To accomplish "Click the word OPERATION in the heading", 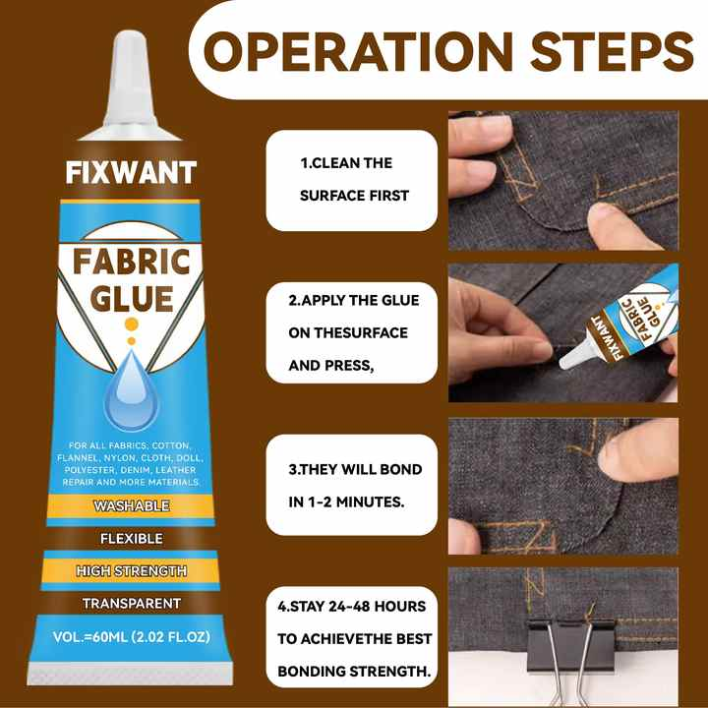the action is pyautogui.click(x=358, y=51).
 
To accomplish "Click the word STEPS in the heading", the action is pyautogui.click(x=612, y=51).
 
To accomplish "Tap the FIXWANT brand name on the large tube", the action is pyautogui.click(x=131, y=172).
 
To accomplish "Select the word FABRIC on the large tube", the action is pyautogui.click(x=132, y=262).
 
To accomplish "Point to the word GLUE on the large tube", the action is pyautogui.click(x=132, y=299).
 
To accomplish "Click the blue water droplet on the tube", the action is pyautogui.click(x=131, y=391).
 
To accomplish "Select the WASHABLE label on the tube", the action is pyautogui.click(x=132, y=505).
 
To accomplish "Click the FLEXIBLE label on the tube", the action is pyautogui.click(x=132, y=538).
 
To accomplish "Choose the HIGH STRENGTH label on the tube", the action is pyautogui.click(x=132, y=570).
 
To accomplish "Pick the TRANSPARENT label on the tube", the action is pyautogui.click(x=132, y=603).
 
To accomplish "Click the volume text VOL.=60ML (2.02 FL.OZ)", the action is pyautogui.click(x=132, y=637).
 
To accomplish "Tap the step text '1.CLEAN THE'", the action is pyautogui.click(x=346, y=163).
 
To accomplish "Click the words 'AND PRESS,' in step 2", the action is pyautogui.click(x=331, y=366).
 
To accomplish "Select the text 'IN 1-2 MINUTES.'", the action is pyautogui.click(x=346, y=501).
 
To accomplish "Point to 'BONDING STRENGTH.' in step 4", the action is pyautogui.click(x=354, y=672).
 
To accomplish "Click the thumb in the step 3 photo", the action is pyautogui.click(x=639, y=449).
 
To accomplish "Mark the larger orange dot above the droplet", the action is pyautogui.click(x=131, y=324).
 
